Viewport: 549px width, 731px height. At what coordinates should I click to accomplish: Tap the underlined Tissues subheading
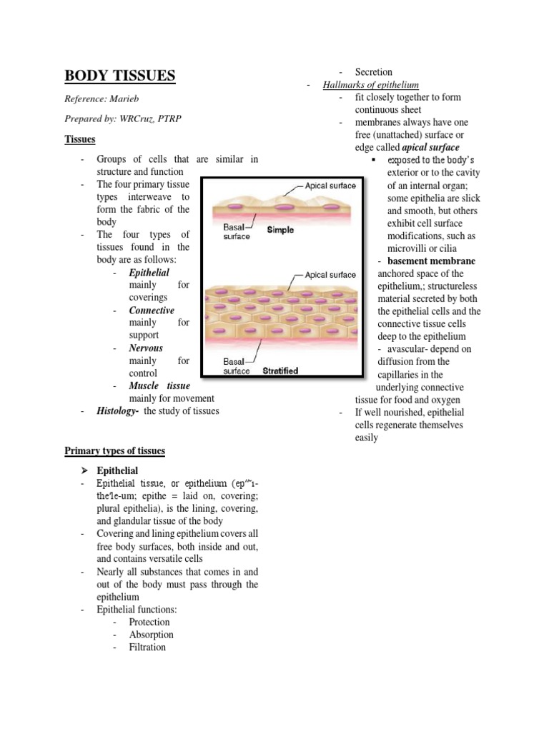(80, 139)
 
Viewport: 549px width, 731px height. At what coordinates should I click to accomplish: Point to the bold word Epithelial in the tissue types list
(149, 273)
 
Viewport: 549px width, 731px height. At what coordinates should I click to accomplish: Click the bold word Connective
(152, 311)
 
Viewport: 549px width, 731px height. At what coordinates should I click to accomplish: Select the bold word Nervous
(146, 348)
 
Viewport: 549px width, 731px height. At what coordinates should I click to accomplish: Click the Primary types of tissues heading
(114, 451)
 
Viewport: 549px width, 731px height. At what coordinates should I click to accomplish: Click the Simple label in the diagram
(280, 231)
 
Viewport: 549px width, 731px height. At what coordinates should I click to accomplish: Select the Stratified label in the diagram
(280, 371)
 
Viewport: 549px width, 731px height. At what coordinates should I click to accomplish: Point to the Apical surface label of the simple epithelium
(330, 186)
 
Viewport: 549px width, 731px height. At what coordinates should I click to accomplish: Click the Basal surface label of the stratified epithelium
(237, 365)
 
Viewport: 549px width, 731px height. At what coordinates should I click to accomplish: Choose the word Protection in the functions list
(149, 622)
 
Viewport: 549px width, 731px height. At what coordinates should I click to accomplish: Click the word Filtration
(147, 647)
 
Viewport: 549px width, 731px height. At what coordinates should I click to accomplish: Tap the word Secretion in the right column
(374, 72)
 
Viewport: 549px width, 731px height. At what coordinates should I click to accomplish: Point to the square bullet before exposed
(374, 160)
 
